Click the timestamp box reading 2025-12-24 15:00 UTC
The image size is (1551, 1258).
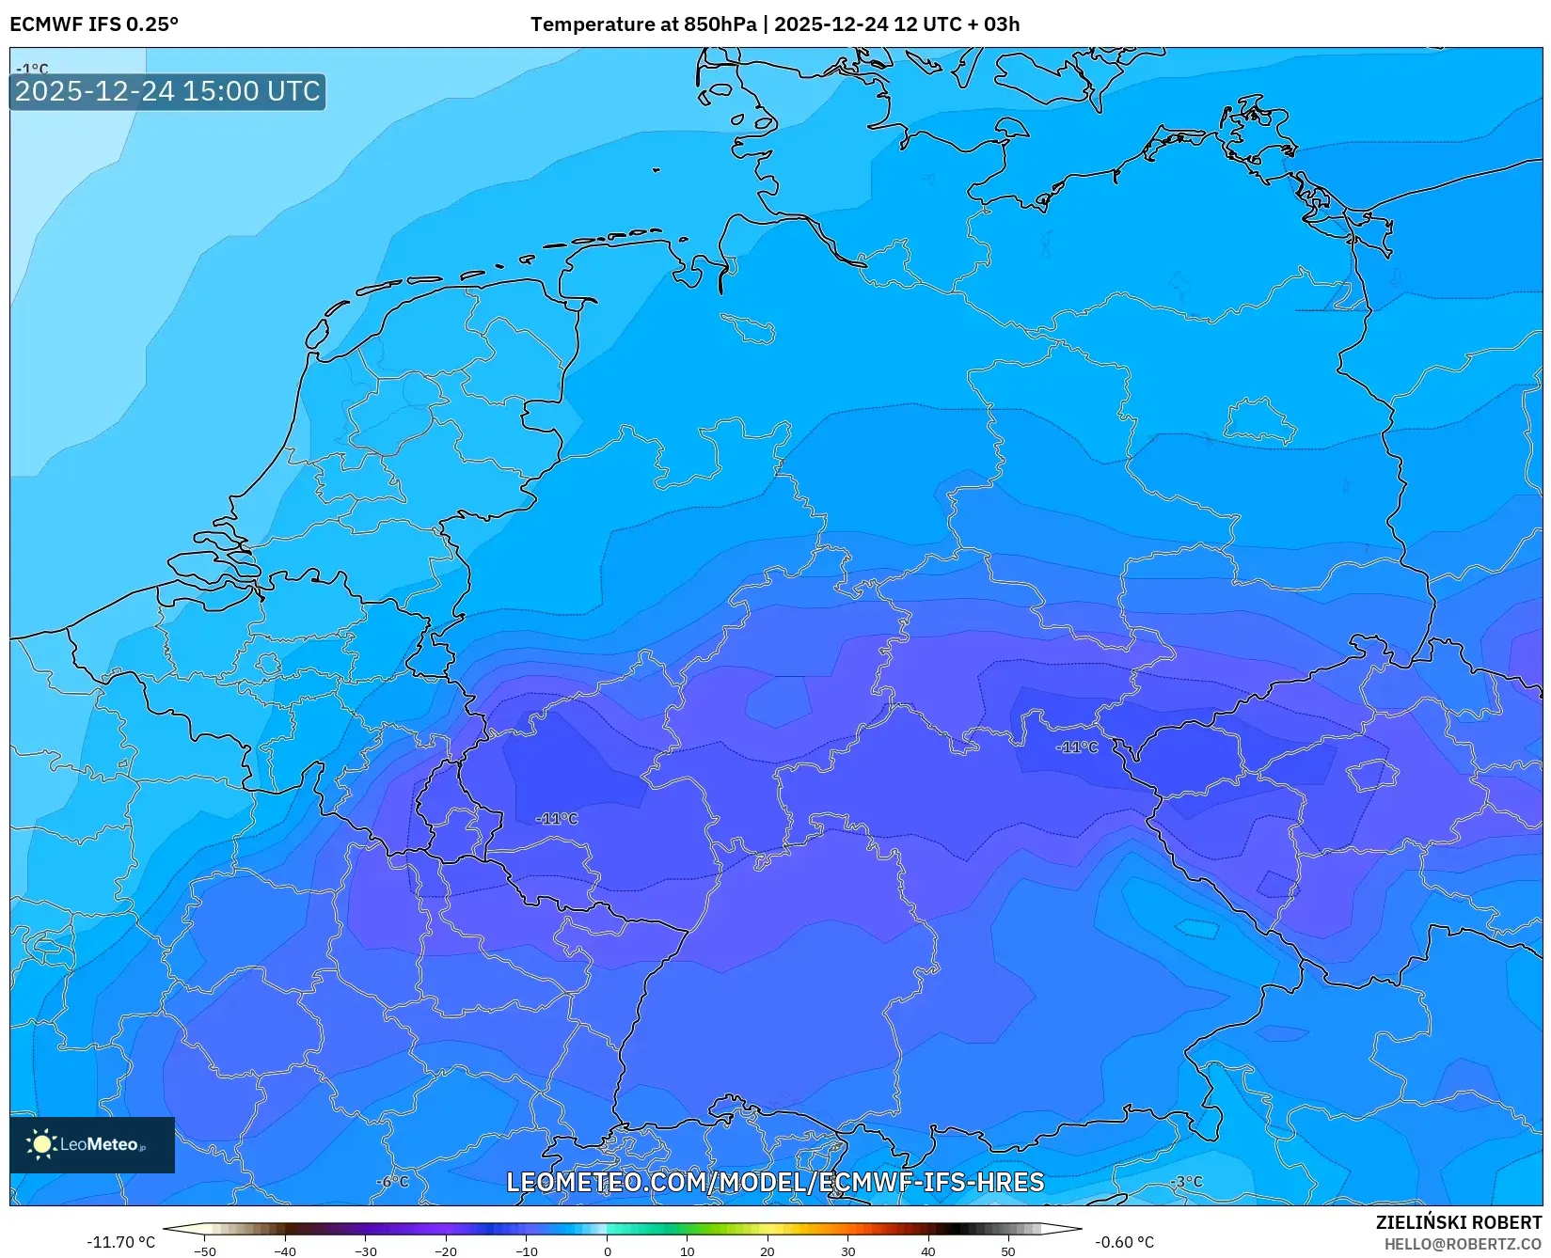pyautogui.click(x=167, y=91)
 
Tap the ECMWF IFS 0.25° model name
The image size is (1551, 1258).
pyautogui.click(x=94, y=24)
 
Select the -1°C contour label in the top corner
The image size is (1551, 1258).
pyautogui.click(x=33, y=69)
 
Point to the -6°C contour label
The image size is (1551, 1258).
pyautogui.click(x=393, y=1182)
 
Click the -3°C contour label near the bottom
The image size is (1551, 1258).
pyautogui.click(x=1186, y=1182)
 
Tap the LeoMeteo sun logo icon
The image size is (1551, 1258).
pyautogui.click(x=41, y=1144)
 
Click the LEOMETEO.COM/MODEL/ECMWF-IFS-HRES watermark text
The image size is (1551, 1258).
pyautogui.click(x=775, y=1182)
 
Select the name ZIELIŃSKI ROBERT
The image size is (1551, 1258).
pyautogui.click(x=1459, y=1222)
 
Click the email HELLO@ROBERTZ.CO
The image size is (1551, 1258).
pyautogui.click(x=1463, y=1244)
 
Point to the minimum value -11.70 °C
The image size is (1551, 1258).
pyautogui.click(x=121, y=1242)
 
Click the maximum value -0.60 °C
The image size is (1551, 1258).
pyautogui.click(x=1124, y=1242)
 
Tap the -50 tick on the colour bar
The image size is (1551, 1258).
pyautogui.click(x=205, y=1251)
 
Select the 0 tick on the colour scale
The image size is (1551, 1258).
pyautogui.click(x=607, y=1251)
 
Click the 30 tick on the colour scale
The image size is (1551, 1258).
pyautogui.click(x=847, y=1251)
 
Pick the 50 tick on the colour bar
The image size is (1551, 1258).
pyautogui.click(x=1008, y=1251)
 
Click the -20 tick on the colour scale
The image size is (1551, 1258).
pyautogui.click(x=446, y=1251)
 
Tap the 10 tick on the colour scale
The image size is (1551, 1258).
pyautogui.click(x=687, y=1251)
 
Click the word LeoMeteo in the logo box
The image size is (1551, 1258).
pyautogui.click(x=100, y=1144)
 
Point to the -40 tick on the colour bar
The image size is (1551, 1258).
pyautogui.click(x=285, y=1251)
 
